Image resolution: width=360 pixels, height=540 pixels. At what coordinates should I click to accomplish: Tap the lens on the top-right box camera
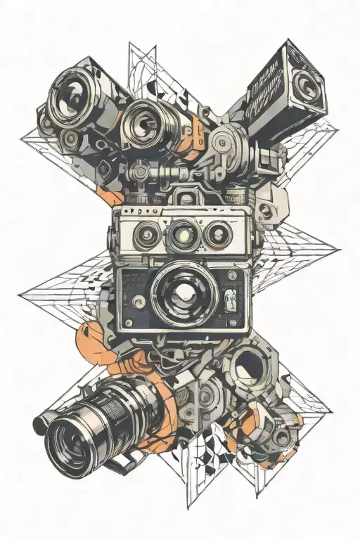click(304, 85)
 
